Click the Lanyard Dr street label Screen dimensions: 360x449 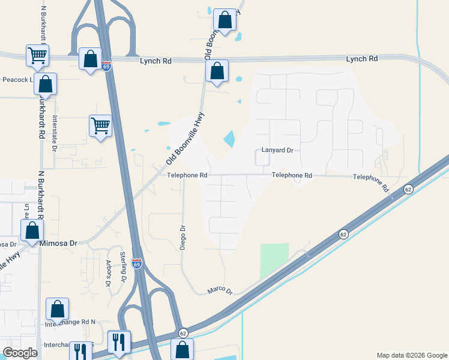tap(277, 151)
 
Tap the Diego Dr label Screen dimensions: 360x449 tap(184, 236)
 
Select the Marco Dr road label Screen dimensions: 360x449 tap(220, 290)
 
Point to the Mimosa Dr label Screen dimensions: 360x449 tap(58, 244)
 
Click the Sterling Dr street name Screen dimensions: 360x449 tap(123, 267)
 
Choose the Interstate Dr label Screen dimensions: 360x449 tap(55, 133)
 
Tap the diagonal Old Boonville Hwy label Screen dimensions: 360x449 tap(185, 139)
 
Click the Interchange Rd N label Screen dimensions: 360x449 tap(70, 323)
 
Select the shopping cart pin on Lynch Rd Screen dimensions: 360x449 tap(37, 56)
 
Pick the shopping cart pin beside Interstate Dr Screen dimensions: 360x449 tap(100, 126)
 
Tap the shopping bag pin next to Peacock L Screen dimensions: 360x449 tap(46, 85)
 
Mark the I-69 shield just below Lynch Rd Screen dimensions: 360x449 tap(106, 66)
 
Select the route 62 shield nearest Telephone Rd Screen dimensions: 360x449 tap(408, 190)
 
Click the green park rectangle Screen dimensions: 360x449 tap(274, 260)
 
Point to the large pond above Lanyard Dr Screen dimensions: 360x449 tap(229, 139)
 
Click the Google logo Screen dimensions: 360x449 tap(20, 353)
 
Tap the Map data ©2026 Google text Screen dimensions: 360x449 tap(412, 355)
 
